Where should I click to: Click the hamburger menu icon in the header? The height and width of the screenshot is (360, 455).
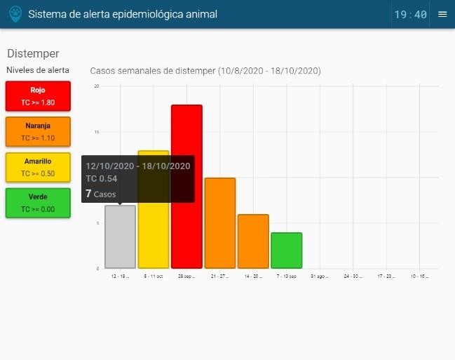442,14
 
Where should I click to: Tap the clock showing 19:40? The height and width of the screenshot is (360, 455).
410,14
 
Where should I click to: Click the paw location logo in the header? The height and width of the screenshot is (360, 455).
15,14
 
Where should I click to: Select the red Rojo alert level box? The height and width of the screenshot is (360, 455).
38,96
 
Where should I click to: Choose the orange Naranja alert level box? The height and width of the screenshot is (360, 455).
38,132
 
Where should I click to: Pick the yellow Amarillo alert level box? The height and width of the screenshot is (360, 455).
38,167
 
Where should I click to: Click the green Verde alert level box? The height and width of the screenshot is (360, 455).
38,203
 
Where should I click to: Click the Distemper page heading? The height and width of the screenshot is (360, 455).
33,53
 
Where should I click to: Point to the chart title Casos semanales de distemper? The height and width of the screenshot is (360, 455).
205,71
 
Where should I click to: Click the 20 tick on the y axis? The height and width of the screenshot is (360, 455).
97,86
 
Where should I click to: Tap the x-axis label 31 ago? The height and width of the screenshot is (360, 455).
319,276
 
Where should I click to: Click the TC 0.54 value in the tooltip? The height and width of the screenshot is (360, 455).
102,179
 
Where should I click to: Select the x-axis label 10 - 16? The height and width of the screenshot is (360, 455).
419,276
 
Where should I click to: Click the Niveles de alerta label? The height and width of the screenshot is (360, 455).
38,70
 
